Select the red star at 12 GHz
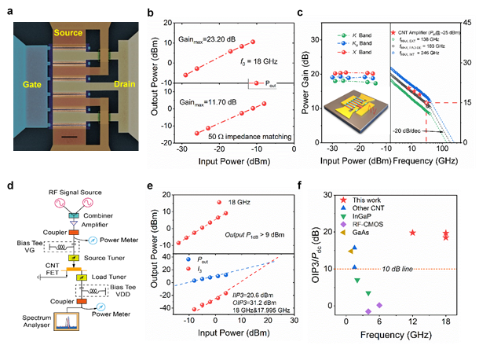pos(413,233)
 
